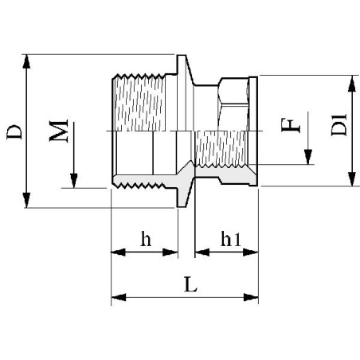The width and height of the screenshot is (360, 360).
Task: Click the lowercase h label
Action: click(x=144, y=238)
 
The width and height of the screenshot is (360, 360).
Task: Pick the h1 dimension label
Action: click(x=231, y=238)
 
